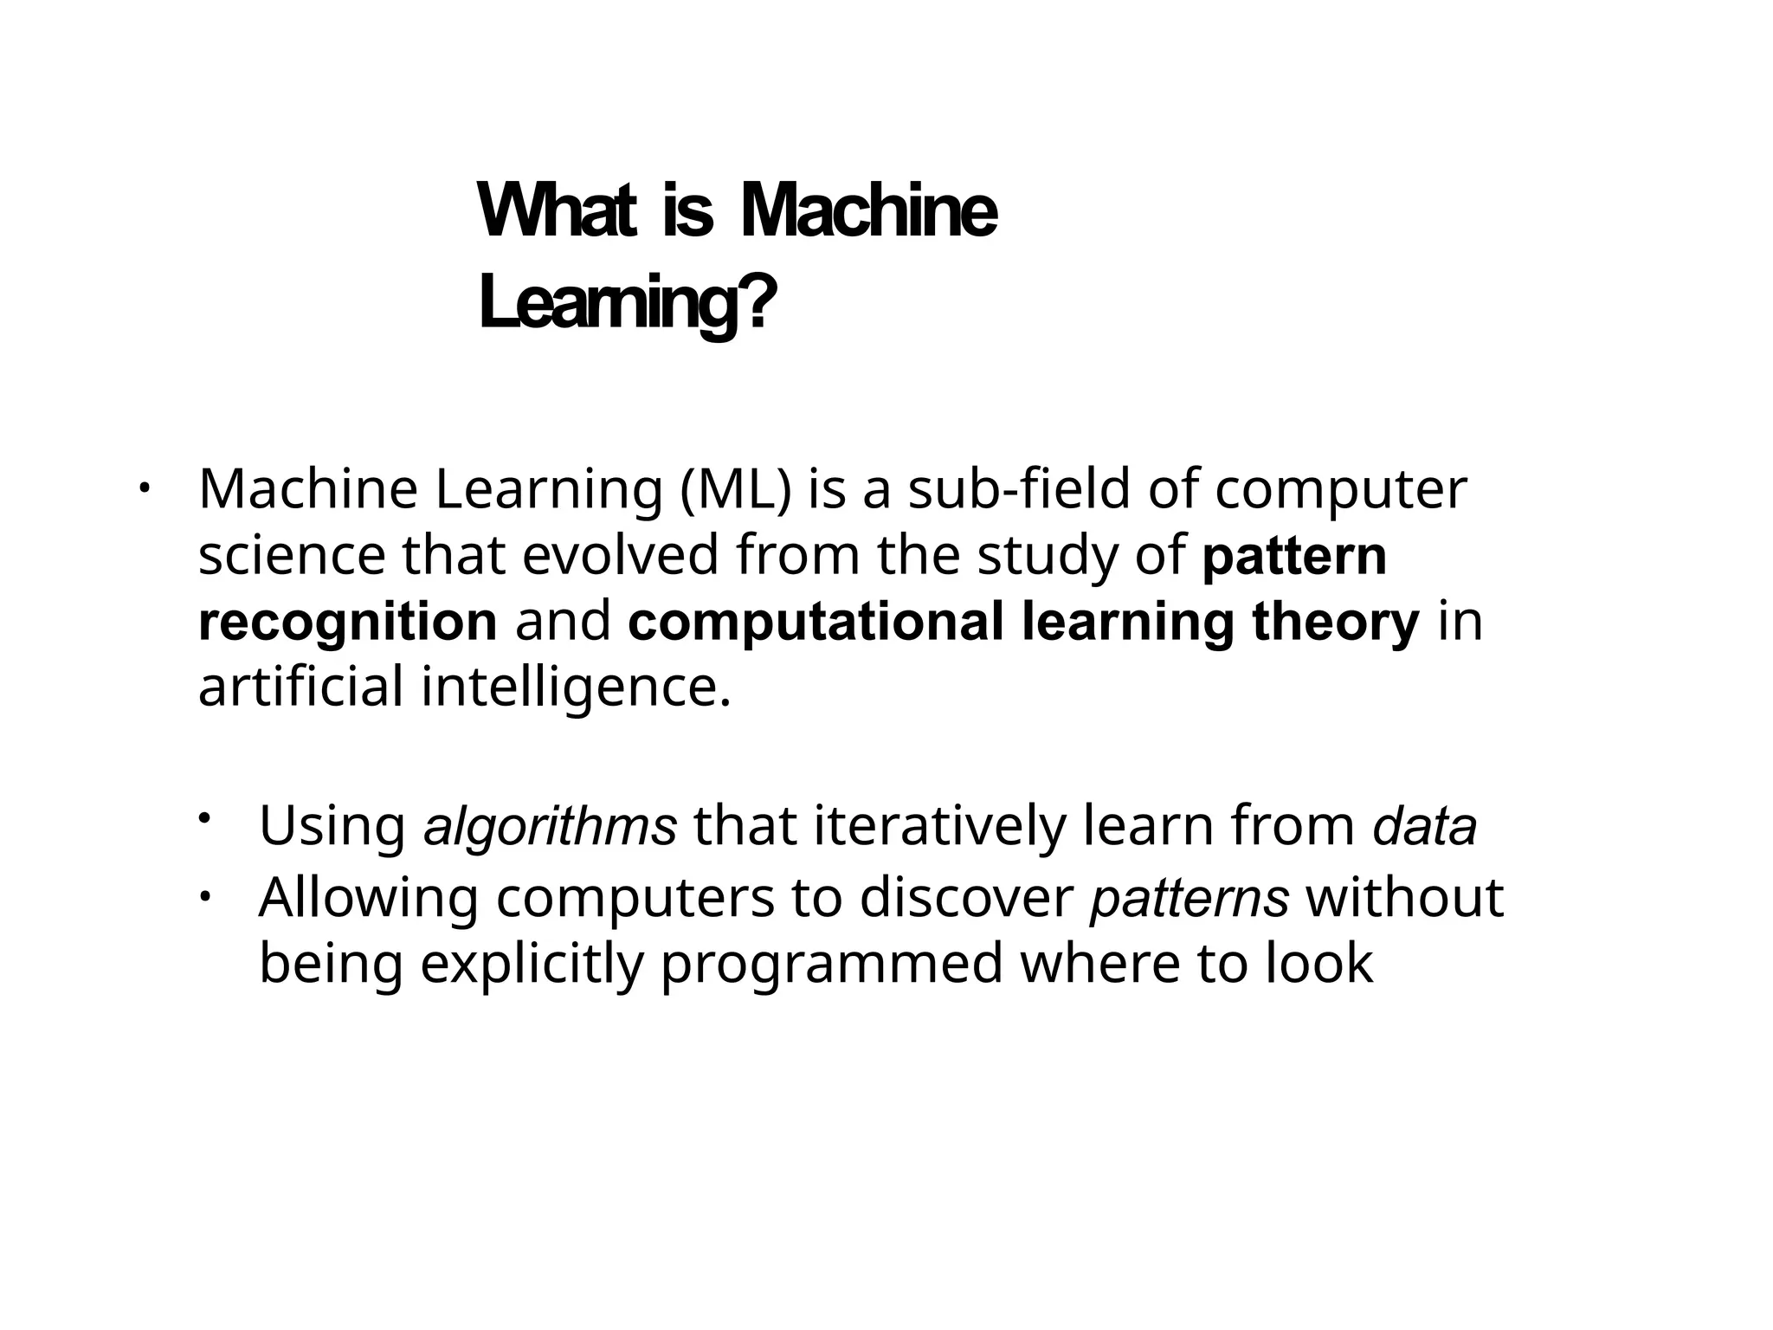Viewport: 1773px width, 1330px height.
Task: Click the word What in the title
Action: pyautogui.click(x=557, y=211)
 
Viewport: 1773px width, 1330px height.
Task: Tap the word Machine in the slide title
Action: pyautogui.click(x=868, y=211)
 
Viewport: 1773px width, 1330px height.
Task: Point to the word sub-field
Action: pyautogui.click(x=1019, y=489)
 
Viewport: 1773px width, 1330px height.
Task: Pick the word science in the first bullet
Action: pyautogui.click(x=292, y=555)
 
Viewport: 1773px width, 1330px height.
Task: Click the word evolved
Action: pyautogui.click(x=621, y=555)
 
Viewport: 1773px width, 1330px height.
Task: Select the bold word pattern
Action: pyautogui.click(x=1294, y=555)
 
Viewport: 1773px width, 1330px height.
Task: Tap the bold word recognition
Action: pyautogui.click(x=347, y=622)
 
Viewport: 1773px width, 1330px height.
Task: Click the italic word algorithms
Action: pyautogui.click(x=550, y=826)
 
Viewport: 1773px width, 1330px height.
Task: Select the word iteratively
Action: pyautogui.click(x=939, y=826)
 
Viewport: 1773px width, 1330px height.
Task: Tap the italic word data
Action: pyautogui.click(x=1424, y=826)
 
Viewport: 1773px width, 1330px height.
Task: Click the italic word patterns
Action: pyautogui.click(x=1190, y=898)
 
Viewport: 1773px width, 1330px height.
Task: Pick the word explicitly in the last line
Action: pyautogui.click(x=532, y=964)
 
